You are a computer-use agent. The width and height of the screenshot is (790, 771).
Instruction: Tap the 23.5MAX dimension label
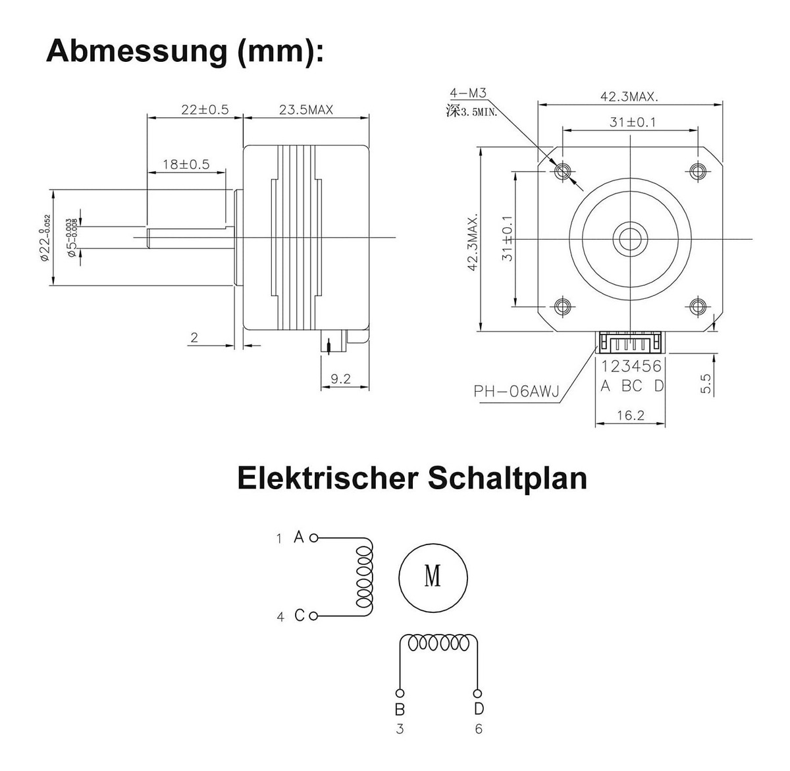click(306, 109)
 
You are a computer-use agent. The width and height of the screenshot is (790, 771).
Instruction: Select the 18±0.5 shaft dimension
click(186, 164)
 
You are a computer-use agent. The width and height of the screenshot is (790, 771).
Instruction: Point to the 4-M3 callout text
click(468, 94)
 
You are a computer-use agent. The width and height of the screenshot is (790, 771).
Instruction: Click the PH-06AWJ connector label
click(516, 392)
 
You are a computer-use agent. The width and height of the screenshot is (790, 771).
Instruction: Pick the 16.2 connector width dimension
click(630, 415)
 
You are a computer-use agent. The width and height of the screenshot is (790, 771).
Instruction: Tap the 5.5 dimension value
click(706, 384)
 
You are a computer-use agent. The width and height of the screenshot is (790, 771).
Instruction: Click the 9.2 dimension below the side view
click(340, 379)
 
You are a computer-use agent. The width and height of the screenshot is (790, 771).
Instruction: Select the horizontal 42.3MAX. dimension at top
click(629, 96)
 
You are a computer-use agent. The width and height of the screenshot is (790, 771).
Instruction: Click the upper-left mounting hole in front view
click(562, 171)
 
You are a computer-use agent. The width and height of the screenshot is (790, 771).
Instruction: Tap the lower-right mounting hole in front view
click(698, 306)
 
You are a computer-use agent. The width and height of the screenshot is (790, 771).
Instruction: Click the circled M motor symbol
click(433, 577)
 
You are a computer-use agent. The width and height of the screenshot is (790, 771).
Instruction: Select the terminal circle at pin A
click(313, 538)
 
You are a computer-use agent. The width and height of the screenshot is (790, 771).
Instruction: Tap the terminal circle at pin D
click(478, 693)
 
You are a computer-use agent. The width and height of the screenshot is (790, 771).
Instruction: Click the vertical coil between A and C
click(364, 577)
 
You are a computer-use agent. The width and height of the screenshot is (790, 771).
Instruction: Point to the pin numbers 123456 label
click(631, 366)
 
